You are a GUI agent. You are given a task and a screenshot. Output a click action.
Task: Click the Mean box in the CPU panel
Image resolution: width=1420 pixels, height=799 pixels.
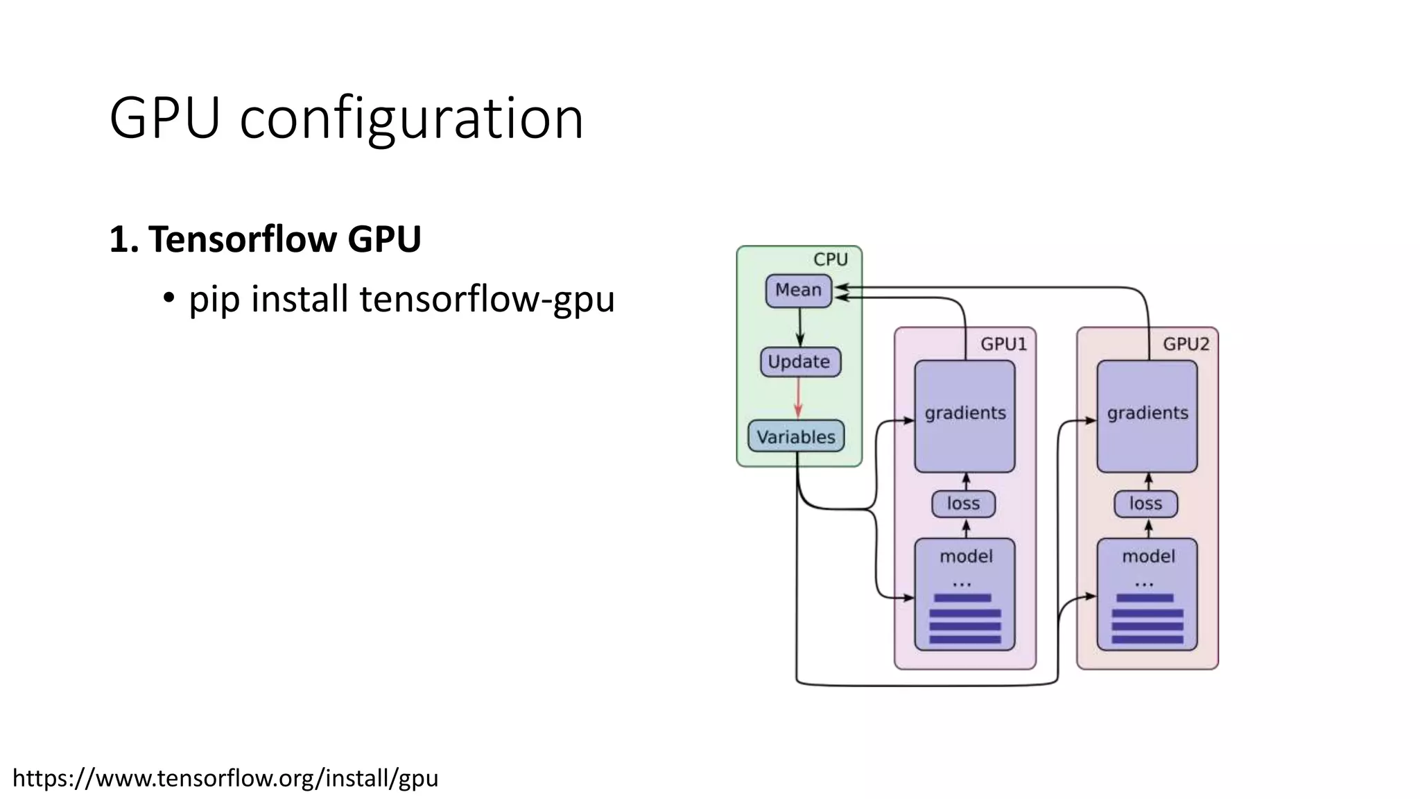coord(798,290)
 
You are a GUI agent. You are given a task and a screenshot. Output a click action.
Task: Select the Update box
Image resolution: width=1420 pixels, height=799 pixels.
coord(799,362)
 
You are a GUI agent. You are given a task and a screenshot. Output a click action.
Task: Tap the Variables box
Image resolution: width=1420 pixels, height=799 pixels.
coord(796,437)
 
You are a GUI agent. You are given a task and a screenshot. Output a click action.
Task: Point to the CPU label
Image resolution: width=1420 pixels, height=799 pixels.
coord(830,259)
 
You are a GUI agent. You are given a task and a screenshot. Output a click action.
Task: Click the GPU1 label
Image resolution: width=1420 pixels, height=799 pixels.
coord(1003,344)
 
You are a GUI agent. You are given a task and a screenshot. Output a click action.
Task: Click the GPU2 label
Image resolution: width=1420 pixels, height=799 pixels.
coord(1186,344)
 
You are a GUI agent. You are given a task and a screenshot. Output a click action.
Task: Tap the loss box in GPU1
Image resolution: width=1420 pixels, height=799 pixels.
coord(963,504)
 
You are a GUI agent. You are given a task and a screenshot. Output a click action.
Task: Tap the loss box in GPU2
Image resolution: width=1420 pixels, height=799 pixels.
coord(1145,504)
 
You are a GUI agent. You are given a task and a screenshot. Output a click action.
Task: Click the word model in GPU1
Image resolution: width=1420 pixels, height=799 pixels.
coord(966,556)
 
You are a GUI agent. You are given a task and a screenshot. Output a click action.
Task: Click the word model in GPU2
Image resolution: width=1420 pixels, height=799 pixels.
coord(1148,556)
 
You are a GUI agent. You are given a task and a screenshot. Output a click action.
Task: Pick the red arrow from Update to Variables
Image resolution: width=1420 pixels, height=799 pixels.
coord(798,398)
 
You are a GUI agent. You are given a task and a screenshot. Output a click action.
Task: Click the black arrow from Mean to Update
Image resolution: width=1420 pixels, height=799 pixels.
coord(799,327)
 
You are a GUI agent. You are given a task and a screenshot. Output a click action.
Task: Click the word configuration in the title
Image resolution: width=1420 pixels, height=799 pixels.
coord(411,119)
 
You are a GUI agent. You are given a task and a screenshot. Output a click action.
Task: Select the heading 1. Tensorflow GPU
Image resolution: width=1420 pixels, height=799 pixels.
coord(265,239)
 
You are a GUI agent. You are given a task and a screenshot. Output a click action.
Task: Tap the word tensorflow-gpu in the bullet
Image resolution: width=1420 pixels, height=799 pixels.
coord(487,300)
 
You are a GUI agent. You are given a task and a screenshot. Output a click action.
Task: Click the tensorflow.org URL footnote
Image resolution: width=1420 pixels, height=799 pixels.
coord(225,778)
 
